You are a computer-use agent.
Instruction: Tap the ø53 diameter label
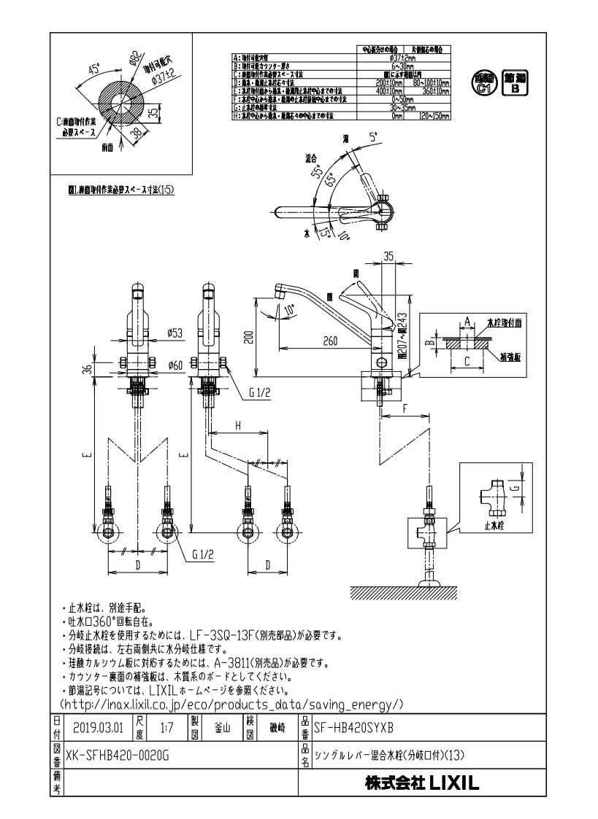175,333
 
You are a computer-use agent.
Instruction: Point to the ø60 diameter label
175,365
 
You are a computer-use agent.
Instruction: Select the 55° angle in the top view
317,173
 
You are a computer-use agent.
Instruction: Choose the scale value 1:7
166,727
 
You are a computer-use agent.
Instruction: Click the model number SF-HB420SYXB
353,727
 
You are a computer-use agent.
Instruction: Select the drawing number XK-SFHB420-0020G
117,755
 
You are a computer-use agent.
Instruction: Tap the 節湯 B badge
515,84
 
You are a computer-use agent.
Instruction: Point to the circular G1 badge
483,84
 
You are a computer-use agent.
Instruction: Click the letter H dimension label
237,424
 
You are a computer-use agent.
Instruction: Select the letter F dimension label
405,409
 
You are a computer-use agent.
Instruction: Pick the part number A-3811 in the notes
229,664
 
